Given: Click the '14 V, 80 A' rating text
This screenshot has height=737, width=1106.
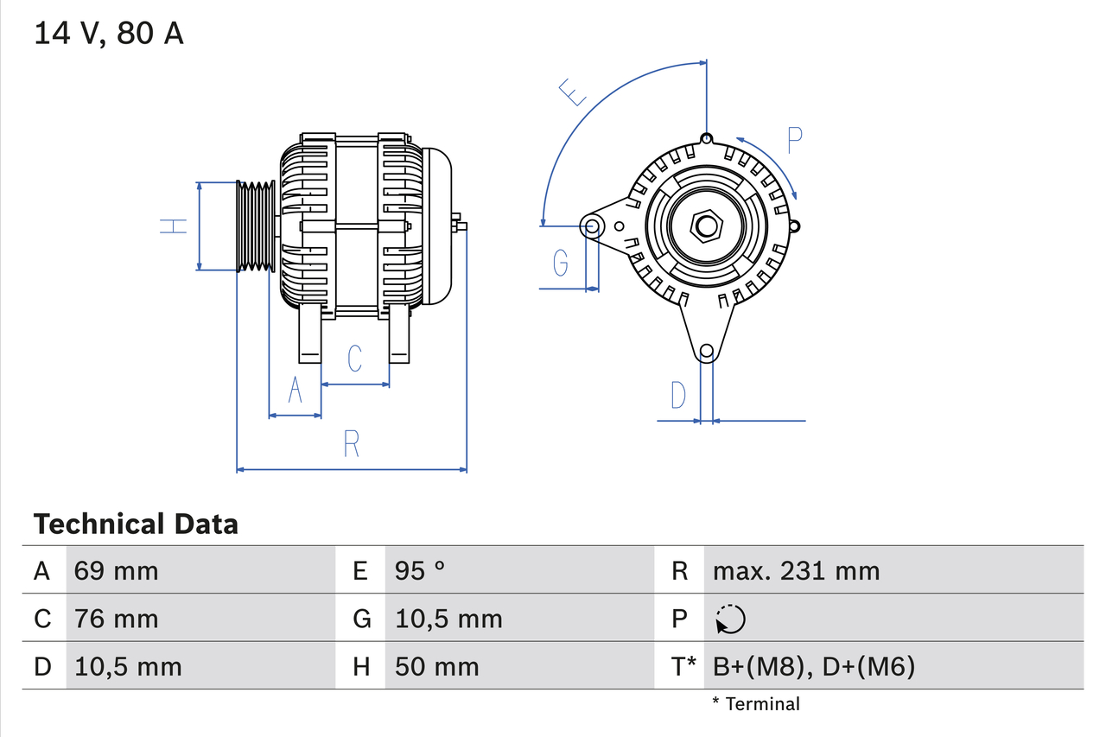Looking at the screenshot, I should [x=109, y=34].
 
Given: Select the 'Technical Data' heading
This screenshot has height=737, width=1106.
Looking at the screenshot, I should [x=136, y=524].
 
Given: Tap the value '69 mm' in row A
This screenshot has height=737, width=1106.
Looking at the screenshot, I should [x=116, y=570].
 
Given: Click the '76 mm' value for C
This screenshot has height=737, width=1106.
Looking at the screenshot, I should [x=116, y=619].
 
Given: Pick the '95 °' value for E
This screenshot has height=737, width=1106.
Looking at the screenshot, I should [x=420, y=570].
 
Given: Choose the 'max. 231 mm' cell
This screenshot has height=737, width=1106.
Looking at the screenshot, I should [x=796, y=570].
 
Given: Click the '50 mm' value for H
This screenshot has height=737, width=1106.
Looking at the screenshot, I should [x=436, y=666].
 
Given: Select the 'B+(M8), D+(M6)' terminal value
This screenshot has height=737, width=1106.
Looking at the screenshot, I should [x=813, y=666].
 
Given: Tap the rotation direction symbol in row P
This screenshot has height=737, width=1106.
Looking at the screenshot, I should [x=730, y=619].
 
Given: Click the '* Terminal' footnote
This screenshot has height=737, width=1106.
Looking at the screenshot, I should [x=756, y=703].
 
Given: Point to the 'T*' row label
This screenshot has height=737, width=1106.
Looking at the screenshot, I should [x=683, y=666].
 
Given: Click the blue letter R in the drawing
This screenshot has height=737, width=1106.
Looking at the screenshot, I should [x=351, y=443].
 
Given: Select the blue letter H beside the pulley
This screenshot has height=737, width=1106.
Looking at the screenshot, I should [x=174, y=226].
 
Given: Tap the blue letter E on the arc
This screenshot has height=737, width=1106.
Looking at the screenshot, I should [x=572, y=92].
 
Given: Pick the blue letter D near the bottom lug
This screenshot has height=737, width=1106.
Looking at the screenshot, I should [x=678, y=395].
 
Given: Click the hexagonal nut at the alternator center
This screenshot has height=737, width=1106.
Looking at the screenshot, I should [x=707, y=226].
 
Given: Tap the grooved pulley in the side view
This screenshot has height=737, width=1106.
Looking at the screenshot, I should [x=256, y=226].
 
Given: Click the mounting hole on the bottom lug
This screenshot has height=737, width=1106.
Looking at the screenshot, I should [x=707, y=351].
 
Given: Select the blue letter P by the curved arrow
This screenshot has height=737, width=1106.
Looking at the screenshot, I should [x=795, y=139].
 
